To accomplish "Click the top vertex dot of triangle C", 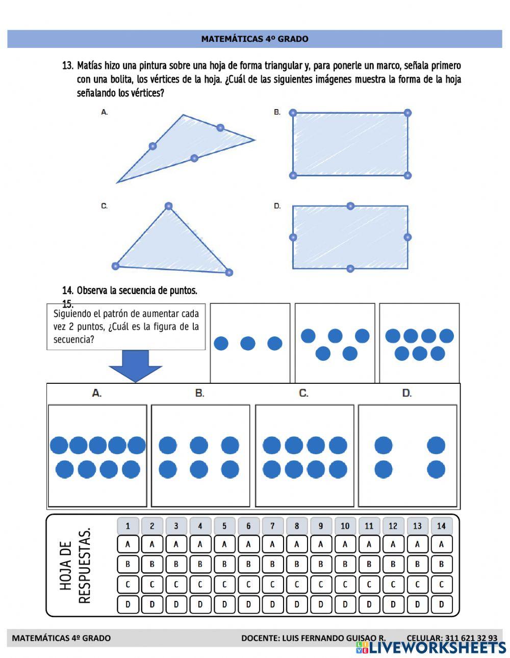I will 169,206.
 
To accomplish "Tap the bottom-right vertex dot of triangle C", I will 228,272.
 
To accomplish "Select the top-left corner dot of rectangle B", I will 293,113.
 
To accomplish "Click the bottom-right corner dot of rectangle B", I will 407,175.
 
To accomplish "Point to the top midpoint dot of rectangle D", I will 350,206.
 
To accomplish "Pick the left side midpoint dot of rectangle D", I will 293,237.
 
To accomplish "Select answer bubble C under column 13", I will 417,585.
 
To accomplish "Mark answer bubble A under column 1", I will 128,544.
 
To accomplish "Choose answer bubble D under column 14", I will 441,605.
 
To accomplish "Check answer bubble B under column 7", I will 272,564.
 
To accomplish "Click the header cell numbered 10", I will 345,526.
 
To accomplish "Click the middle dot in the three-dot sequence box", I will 248,344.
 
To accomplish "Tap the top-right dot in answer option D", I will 436,445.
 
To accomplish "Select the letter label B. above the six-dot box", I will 200,393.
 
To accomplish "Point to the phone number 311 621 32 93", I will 471,638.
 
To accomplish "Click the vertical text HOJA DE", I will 66,566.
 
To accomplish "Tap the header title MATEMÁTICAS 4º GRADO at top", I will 254,39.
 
